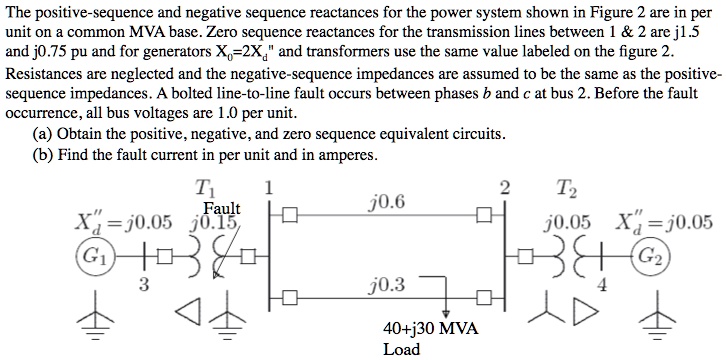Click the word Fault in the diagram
coord(221,208)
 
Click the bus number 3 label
coord(144,285)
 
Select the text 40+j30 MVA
coord(431,328)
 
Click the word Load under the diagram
coord(401,349)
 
